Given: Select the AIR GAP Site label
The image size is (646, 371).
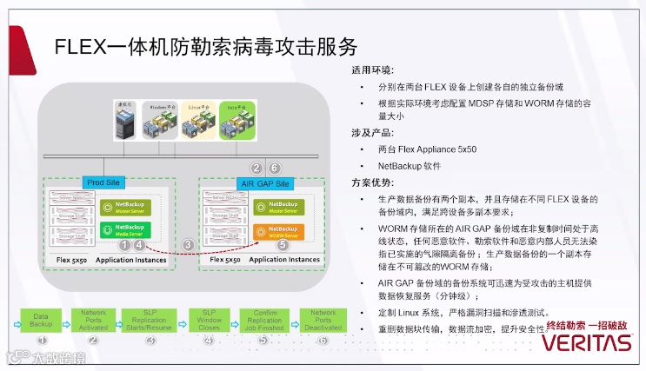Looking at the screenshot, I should (263, 183).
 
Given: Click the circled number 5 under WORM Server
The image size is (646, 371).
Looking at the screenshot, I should (282, 246).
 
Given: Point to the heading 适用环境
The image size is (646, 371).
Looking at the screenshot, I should (371, 70).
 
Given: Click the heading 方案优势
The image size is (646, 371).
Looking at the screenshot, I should (371, 182).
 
